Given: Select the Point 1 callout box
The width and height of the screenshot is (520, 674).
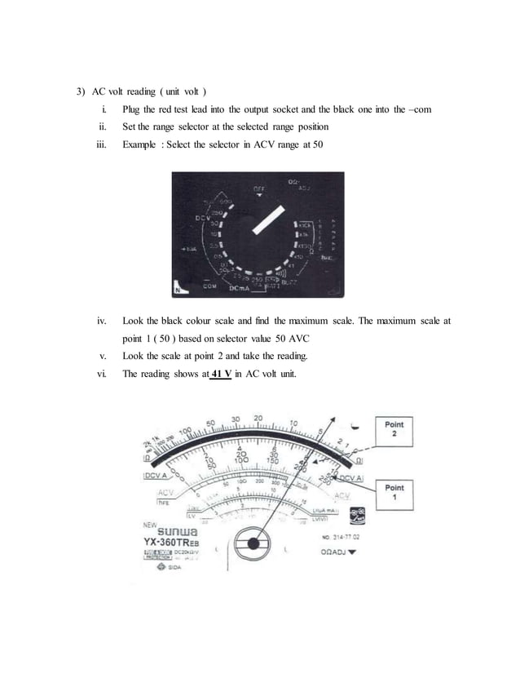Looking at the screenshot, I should click(394, 493).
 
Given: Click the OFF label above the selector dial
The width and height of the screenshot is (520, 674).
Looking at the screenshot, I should click(257, 188).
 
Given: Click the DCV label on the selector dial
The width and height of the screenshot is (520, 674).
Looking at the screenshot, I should click(203, 217).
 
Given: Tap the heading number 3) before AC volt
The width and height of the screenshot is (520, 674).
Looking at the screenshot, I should click(71, 91).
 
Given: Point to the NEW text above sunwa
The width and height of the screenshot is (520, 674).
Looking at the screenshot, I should click(151, 526).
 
